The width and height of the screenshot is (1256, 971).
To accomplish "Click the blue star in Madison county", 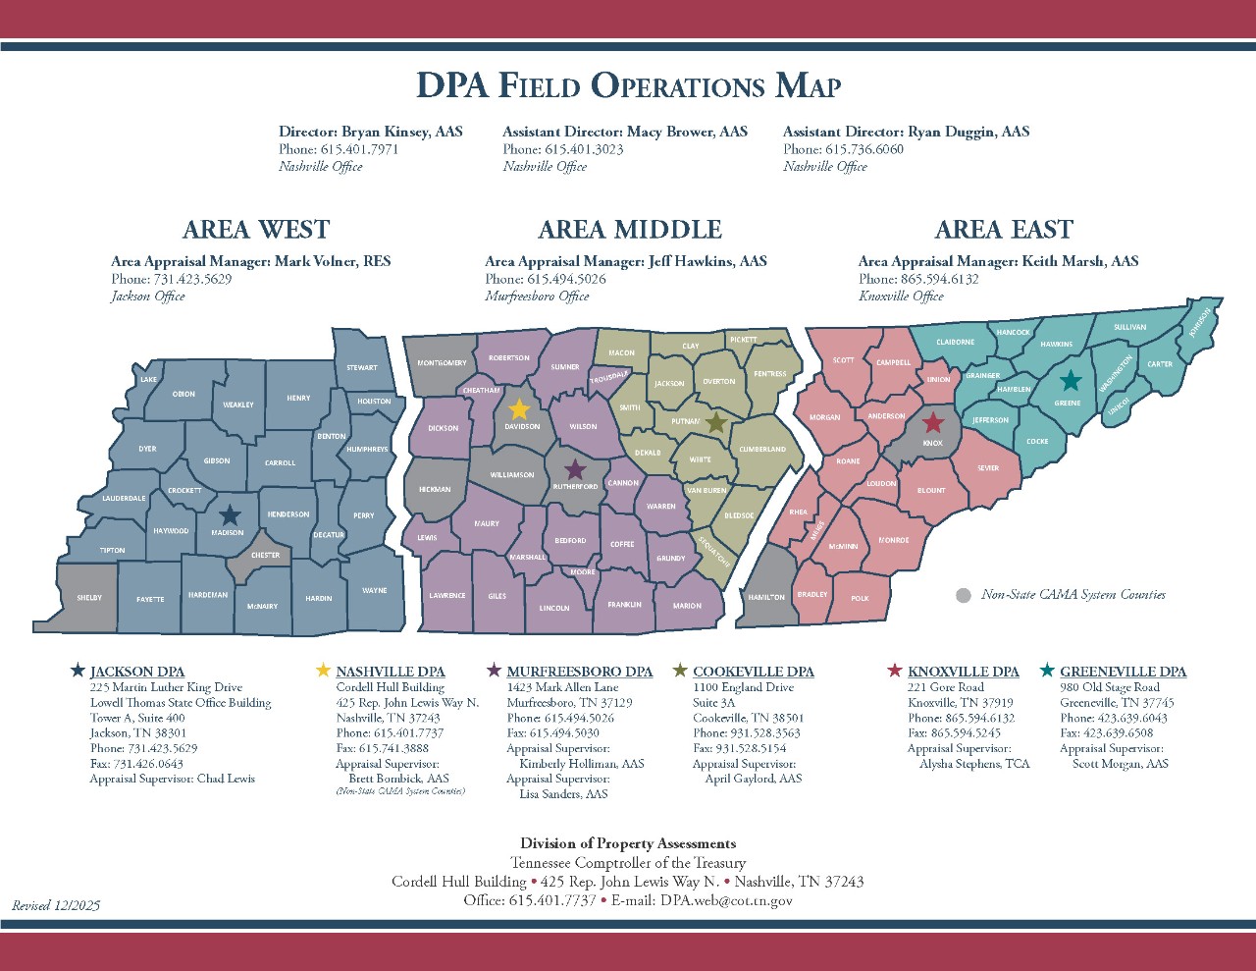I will coord(230,515).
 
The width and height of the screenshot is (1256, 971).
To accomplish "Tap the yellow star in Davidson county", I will coord(519,409).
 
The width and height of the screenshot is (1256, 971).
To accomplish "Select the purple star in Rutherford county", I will coord(575,470).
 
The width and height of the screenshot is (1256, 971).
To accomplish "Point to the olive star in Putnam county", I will coord(716,422).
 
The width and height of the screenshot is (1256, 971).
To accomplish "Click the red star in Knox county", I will coord(933,423).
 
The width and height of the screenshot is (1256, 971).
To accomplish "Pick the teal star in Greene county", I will coord(1071,381).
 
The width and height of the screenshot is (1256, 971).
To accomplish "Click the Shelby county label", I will coord(89,598).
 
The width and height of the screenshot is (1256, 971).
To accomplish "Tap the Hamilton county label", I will coord(766,597).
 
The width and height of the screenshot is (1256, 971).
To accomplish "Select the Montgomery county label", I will coord(442,362).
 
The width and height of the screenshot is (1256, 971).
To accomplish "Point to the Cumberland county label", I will coord(762,449).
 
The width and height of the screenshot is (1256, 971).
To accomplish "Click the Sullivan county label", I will coord(1129,327).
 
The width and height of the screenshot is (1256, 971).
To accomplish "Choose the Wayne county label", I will coord(374,591).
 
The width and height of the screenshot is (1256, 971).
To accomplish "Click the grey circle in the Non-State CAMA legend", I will coord(964,595).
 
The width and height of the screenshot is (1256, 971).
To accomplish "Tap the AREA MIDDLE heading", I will coord(629,230).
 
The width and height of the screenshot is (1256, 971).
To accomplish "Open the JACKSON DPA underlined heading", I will coord(136,672).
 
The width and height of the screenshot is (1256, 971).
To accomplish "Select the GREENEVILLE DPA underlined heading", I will coord(1123,672).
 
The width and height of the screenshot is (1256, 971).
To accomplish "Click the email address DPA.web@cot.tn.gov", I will coord(725,900).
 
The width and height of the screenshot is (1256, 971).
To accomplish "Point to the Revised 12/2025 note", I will coord(56,905).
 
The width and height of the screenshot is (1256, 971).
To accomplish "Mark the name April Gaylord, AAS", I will coord(753,779).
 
